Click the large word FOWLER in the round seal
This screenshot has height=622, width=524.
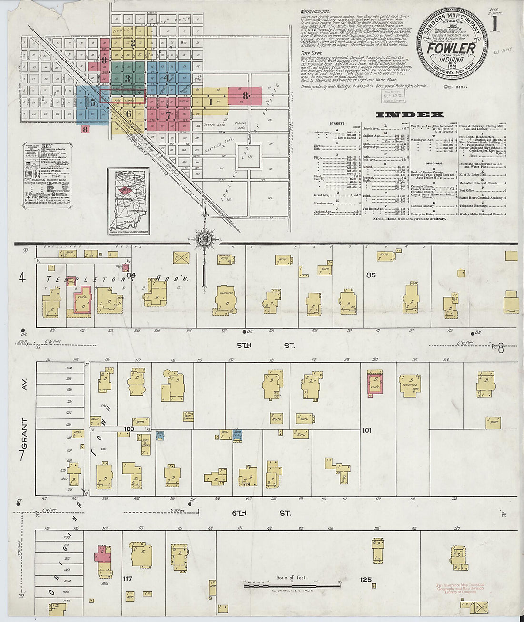point(451,49)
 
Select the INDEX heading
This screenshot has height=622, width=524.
point(410,115)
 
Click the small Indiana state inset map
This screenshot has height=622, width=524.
point(128,201)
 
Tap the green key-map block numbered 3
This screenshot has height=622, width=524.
point(127,78)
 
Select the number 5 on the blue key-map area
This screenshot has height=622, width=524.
point(93,102)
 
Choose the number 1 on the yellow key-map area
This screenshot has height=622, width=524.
point(210,101)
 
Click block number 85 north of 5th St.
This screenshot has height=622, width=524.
point(371,275)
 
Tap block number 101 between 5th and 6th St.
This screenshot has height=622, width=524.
point(366,430)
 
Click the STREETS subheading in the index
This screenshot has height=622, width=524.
point(337,123)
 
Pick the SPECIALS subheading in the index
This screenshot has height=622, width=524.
point(434,163)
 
